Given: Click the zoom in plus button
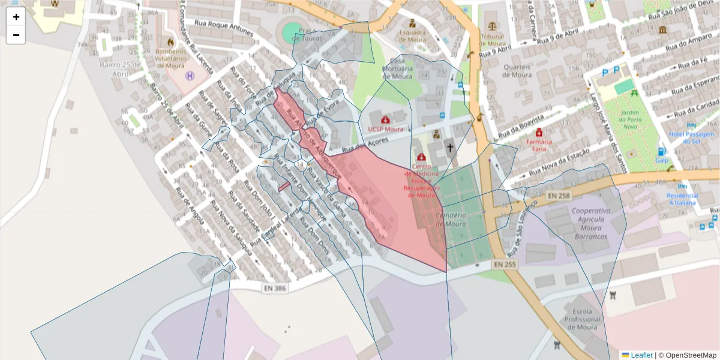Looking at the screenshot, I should click(16, 17).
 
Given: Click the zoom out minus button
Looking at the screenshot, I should click(16, 35).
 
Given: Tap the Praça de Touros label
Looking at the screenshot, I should click(303, 34).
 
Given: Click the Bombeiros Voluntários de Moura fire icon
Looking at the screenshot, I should click(171, 43).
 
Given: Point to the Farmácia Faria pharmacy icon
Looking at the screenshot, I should click(539, 132).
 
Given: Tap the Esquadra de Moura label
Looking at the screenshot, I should click(412, 35).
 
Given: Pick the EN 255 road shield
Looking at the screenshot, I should click(505, 264).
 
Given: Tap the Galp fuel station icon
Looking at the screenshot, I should click(661, 152).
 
